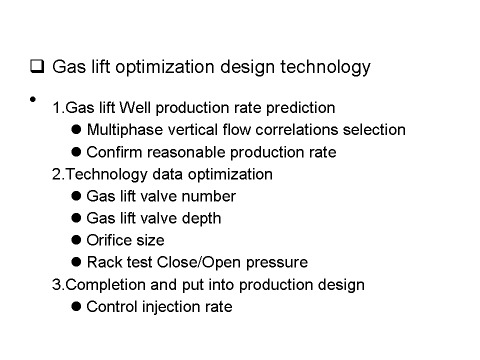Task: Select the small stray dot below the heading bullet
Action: [33, 99]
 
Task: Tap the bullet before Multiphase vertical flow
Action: [76, 129]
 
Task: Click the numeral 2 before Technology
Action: [57, 174]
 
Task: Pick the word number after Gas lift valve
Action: [208, 196]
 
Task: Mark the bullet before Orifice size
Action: [76, 240]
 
